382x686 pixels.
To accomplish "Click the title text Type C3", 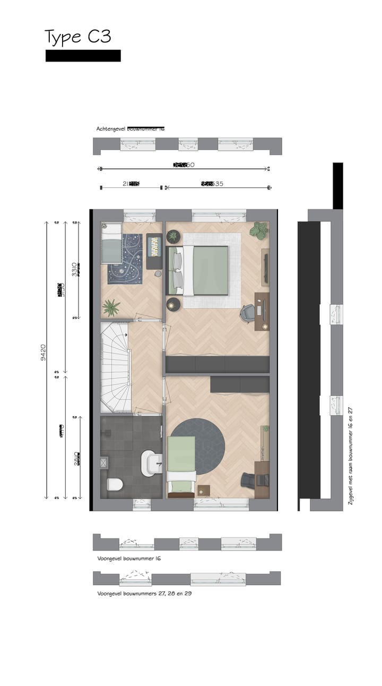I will [77, 37].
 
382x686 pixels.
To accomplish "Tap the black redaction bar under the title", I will [83, 56].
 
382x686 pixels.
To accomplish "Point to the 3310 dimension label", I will [75, 270].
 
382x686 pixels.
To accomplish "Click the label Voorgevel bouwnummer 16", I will [128, 559].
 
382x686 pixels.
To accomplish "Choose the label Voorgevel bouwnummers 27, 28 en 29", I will [144, 593].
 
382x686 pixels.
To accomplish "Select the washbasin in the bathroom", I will [151, 462].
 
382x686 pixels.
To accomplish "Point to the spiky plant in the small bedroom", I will [111, 307].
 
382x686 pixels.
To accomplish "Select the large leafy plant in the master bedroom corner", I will [259, 230].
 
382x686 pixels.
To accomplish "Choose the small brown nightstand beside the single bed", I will [203, 490].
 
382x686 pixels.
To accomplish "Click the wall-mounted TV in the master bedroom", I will [265, 268].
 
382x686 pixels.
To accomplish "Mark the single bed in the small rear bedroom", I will [111, 244].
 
